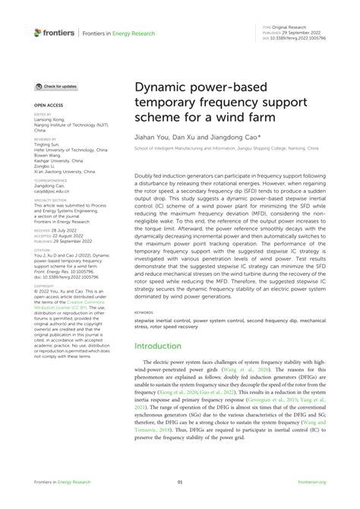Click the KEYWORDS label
144,311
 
